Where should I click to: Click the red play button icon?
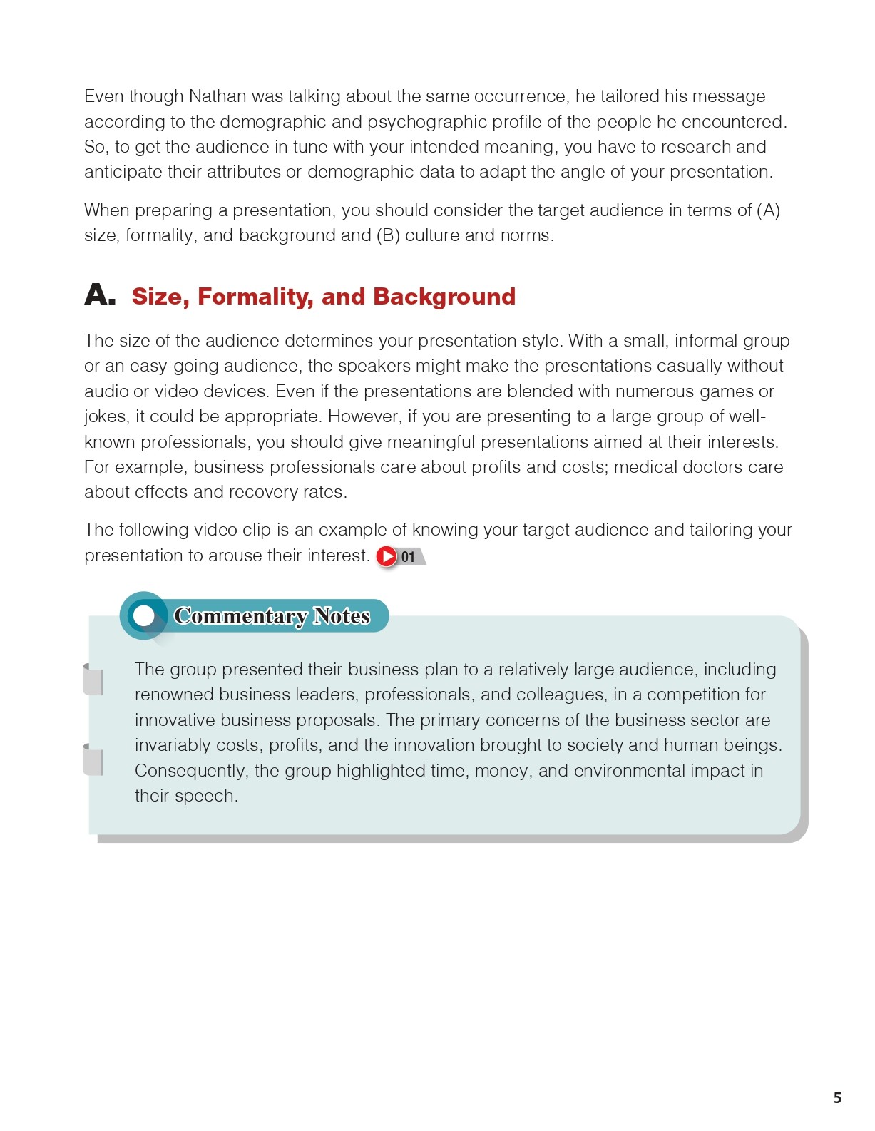387,556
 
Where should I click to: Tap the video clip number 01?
408,557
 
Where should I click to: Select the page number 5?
837,1098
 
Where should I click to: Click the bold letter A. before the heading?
99,295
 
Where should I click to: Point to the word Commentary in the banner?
240,615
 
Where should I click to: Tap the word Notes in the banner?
342,615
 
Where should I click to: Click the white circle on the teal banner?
145,615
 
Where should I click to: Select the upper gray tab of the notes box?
93,680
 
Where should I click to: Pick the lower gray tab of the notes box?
93,760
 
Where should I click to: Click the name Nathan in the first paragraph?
217,96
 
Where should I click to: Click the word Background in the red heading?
444,297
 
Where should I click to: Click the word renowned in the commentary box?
174,695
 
